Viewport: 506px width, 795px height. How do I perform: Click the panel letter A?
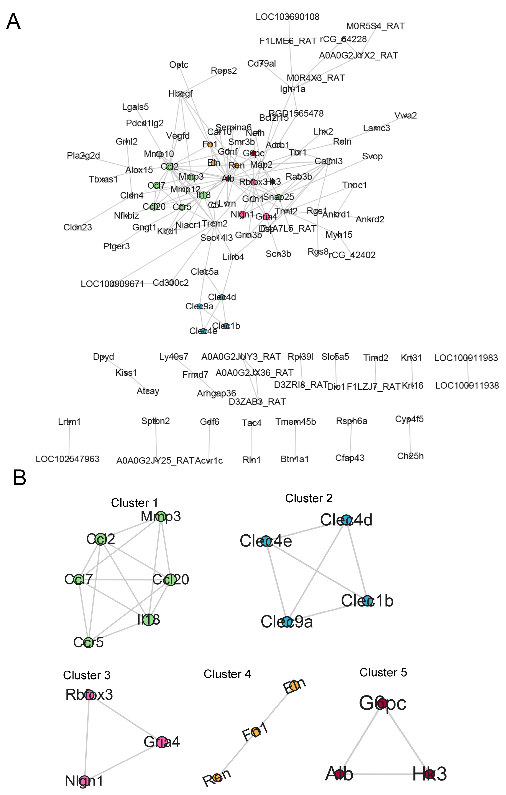(x=14, y=22)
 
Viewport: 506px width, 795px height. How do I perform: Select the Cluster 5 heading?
(x=383, y=672)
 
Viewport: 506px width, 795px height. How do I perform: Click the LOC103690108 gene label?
(x=287, y=17)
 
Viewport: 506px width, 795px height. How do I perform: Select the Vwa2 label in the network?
(x=405, y=116)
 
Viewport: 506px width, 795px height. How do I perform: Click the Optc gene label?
(x=179, y=65)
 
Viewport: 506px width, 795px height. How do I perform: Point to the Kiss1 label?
(x=126, y=373)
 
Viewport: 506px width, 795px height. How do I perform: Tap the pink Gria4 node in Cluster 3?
(x=162, y=742)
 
